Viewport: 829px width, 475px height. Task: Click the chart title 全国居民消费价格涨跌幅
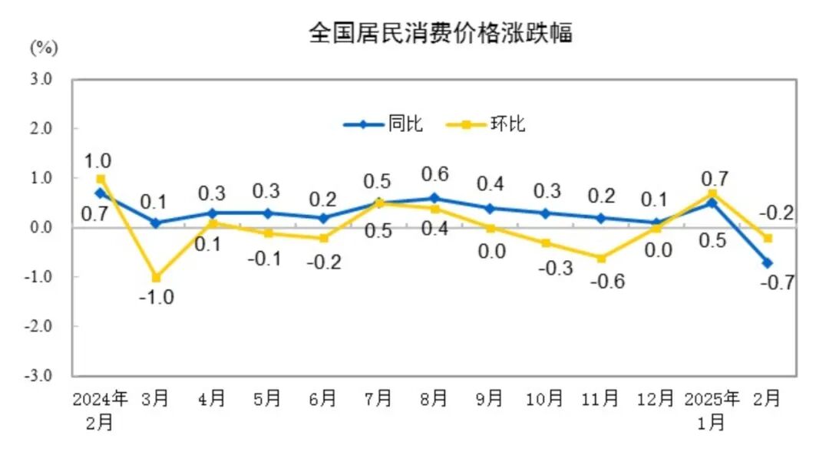441,33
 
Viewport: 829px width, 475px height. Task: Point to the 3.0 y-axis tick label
41,79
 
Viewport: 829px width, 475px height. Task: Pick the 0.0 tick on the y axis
41,227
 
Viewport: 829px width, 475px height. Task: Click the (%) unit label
44,48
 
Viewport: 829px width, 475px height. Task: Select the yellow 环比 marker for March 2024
156,277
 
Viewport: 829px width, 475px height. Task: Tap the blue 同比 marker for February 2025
767,262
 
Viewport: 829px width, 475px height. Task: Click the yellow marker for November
601,258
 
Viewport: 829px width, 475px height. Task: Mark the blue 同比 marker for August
434,198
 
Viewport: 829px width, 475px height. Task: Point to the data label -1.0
156,298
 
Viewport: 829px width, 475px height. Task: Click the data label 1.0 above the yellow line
97,161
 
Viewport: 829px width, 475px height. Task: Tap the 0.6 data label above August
434,173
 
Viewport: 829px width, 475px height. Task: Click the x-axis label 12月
656,398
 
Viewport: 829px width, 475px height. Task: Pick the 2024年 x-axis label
101,398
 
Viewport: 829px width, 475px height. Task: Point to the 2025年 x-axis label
712,398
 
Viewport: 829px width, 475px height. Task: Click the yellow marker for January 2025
712,193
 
